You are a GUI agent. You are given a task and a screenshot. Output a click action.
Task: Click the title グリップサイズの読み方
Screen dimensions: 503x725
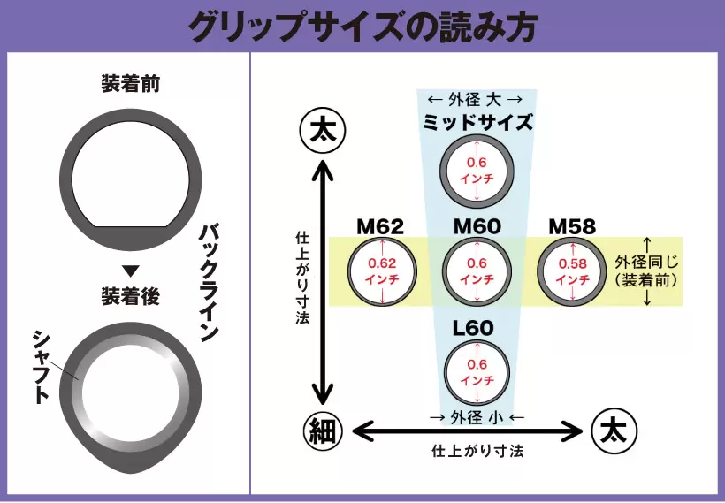pyautogui.click(x=362, y=25)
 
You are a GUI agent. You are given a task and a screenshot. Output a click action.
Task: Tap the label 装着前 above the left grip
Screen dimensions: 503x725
pyautogui.click(x=130, y=85)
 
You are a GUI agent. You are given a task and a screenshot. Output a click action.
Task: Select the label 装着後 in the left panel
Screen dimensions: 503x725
pyautogui.click(x=130, y=297)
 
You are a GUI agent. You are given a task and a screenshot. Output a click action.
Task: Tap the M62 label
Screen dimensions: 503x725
pyautogui.click(x=380, y=227)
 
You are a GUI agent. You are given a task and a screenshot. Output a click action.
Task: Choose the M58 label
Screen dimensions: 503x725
pyautogui.click(x=571, y=227)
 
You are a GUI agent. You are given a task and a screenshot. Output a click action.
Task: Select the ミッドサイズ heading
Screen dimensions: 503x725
pyautogui.click(x=477, y=122)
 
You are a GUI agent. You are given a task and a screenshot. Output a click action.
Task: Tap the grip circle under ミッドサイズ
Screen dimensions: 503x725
pyautogui.click(x=477, y=170)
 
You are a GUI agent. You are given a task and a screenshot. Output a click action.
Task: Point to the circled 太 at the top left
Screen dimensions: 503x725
pyautogui.click(x=324, y=131)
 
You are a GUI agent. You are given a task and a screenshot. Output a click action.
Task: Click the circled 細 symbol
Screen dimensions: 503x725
pyautogui.click(x=324, y=431)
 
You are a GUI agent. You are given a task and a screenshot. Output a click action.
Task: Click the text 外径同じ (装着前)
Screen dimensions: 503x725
pyautogui.click(x=647, y=270)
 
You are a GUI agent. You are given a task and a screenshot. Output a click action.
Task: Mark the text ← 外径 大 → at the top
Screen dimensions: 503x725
pyautogui.click(x=476, y=98)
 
